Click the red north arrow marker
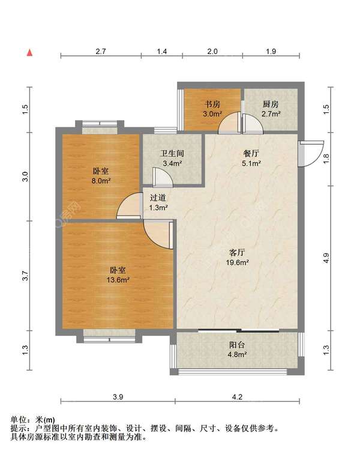29,53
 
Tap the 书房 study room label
212,104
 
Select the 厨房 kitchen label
271,104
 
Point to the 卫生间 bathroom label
172,153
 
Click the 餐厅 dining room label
251,153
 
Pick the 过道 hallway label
158,198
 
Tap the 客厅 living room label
237,252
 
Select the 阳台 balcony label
237,345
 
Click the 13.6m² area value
118,280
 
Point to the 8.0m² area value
101,181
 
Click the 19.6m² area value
238,262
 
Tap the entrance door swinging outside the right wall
311,154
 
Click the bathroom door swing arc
163,177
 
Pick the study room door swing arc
230,123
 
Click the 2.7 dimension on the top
101,52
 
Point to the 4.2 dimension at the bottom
238,397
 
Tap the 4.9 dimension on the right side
326,258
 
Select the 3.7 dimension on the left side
25,276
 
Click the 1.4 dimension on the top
162,52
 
